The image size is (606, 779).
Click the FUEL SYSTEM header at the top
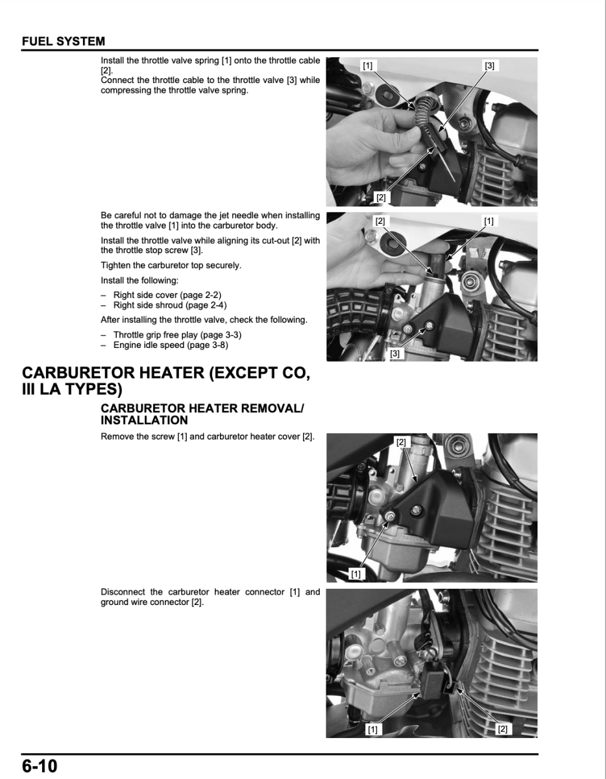tap(64, 42)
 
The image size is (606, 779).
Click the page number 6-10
tap(40, 766)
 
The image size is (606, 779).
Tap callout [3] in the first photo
tap(489, 66)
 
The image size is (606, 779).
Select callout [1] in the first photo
tap(368, 66)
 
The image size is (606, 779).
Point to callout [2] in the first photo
tap(381, 197)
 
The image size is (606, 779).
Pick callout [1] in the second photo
tap(489, 221)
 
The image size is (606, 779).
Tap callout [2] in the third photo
tap(401, 442)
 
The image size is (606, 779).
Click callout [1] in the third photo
tap(356, 573)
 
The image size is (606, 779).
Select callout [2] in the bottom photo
tap(502, 729)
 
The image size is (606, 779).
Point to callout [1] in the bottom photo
tap(372, 729)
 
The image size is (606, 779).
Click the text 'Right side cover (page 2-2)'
tap(167, 295)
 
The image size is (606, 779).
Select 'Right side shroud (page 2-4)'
tap(170, 305)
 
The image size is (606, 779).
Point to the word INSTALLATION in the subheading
tap(145, 420)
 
